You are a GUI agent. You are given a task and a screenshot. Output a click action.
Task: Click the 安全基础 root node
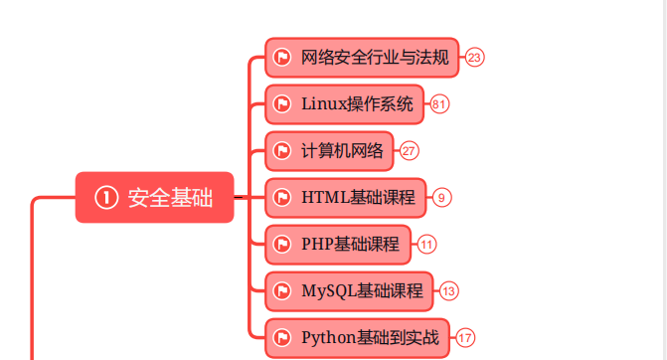[x=155, y=198]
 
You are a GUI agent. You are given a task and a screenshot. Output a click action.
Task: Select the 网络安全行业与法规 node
[x=362, y=58]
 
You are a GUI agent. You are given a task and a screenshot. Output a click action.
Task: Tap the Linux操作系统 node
[x=345, y=103]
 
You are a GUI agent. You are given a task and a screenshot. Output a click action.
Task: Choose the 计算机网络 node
[x=330, y=151]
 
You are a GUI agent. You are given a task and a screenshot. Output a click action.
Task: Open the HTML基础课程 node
[x=346, y=197]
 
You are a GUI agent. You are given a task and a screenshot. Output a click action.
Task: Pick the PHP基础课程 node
[x=338, y=244]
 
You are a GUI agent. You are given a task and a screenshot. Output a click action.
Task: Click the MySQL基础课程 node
[x=350, y=291]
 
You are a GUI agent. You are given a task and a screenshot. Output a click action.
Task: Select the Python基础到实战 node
[x=357, y=338]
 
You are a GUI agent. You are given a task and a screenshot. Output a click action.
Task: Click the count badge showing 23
[x=474, y=58]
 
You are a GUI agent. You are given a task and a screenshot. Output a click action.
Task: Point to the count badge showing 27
[x=409, y=151]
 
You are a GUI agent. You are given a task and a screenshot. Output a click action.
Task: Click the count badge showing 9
[x=442, y=197]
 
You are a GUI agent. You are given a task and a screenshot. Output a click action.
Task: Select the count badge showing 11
[x=427, y=244]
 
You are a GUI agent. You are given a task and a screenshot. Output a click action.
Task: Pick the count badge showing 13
[x=449, y=291]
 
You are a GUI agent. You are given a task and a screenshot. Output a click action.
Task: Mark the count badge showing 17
[x=464, y=338]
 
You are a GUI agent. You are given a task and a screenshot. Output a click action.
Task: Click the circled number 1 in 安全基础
[x=106, y=198]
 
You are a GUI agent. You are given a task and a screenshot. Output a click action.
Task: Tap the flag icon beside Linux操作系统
[x=282, y=103]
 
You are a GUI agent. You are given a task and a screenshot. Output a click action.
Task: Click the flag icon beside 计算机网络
[x=282, y=151]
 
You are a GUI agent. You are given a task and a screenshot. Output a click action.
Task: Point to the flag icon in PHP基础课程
[x=282, y=244]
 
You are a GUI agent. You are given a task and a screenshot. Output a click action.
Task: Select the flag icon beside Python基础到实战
[x=282, y=338]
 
